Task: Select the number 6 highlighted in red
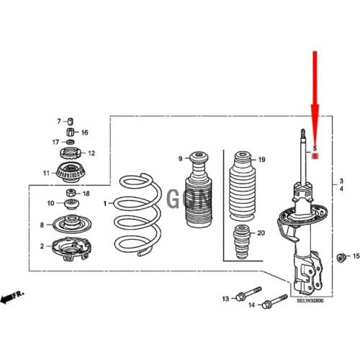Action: coord(315,155)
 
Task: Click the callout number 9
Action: coord(181,158)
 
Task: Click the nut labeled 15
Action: coord(341,256)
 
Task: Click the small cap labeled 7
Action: coord(71,120)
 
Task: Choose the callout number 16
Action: coord(84,132)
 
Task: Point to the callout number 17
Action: coord(55,143)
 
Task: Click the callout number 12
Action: coord(91,153)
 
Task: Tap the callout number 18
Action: coord(86,194)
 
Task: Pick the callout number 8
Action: coord(42,225)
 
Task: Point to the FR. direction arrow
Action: coord(12,296)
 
